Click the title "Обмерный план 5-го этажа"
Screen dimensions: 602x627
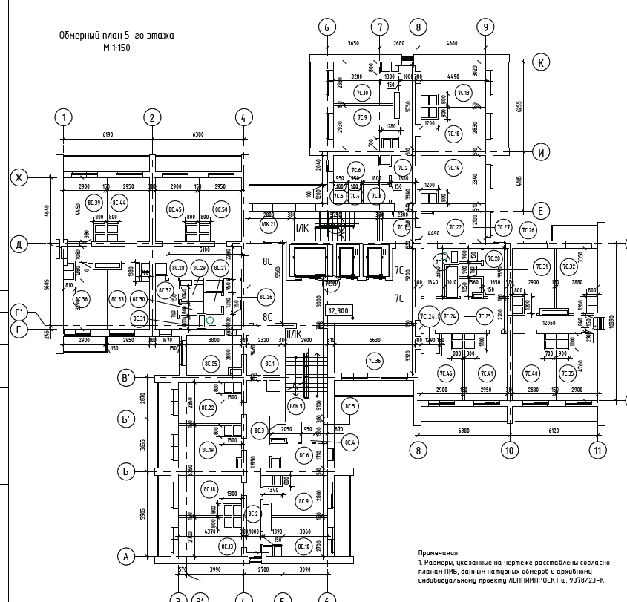116,35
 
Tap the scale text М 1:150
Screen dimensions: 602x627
116,47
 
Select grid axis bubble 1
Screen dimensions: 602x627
65,117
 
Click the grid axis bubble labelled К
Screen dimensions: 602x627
541,62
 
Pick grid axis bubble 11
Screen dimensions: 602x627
597,449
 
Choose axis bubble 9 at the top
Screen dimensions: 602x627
485,27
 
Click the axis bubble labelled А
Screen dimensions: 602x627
126,556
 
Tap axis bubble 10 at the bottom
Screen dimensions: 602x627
509,449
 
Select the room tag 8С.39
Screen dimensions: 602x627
93,203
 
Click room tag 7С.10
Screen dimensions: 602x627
362,93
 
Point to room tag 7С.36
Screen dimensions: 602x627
374,361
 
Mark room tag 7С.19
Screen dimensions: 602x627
453,169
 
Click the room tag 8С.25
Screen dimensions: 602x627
211,364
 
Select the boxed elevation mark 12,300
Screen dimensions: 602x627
338,311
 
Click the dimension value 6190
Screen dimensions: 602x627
108,134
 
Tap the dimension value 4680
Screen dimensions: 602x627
451,44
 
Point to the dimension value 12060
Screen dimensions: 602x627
550,323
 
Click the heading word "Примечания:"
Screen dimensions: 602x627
439,554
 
